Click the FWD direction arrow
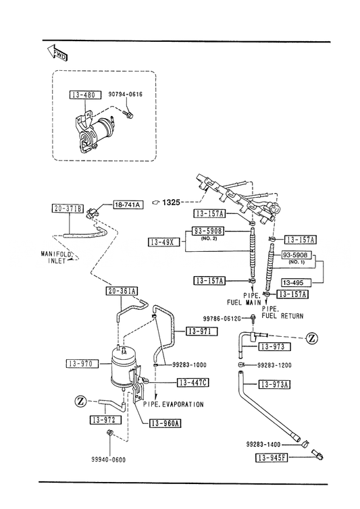point(57,53)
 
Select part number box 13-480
point(83,95)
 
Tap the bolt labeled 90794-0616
point(128,114)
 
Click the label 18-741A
point(128,205)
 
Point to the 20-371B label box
point(68,209)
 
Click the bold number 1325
point(172,203)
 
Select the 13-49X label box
point(164,242)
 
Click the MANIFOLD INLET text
point(57,257)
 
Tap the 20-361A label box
point(122,291)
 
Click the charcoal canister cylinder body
point(123,366)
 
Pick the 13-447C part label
point(193,383)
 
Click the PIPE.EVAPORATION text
point(173,404)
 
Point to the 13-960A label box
point(165,423)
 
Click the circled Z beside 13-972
point(80,402)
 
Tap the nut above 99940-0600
point(109,432)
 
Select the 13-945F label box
point(272,458)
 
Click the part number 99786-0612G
point(222,319)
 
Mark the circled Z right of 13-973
point(312,338)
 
